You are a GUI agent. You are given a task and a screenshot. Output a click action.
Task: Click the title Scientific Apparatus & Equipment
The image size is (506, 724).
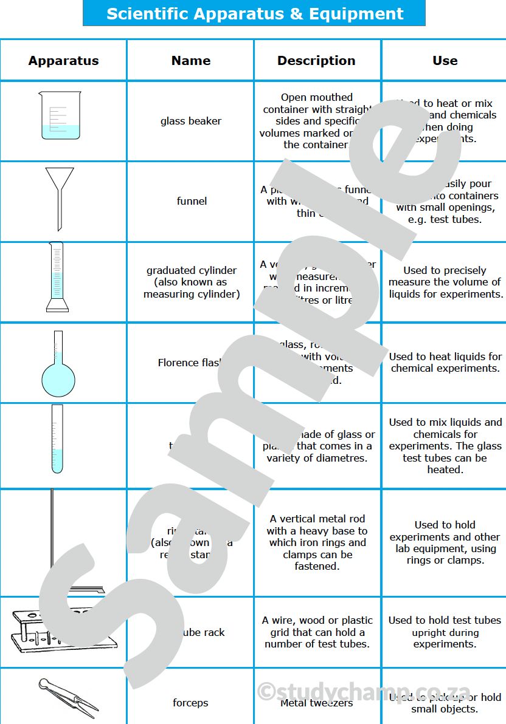(254, 13)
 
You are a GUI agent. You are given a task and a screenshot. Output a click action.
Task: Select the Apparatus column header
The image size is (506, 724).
(63, 61)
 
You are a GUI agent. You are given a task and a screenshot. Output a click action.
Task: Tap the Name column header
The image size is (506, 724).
(190, 61)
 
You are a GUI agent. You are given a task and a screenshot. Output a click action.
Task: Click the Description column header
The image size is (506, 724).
(316, 61)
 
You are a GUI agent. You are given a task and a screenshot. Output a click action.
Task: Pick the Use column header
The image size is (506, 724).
(445, 61)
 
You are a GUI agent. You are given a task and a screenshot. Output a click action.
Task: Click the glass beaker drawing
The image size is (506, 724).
(60, 116)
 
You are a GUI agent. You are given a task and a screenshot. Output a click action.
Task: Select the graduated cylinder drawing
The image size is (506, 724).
(58, 277)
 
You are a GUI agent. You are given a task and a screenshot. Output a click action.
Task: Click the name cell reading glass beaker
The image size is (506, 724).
(190, 121)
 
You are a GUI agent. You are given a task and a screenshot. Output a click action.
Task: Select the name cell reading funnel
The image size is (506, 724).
(192, 201)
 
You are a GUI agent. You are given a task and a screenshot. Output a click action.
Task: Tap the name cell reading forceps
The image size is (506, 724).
(190, 703)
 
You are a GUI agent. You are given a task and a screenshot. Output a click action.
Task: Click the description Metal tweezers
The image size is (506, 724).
(316, 703)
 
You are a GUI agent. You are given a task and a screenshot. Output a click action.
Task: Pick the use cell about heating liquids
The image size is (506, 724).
(445, 363)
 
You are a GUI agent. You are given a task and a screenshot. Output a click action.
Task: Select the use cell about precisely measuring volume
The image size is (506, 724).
(445, 282)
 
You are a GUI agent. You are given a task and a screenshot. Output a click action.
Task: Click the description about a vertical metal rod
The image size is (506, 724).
(317, 542)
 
